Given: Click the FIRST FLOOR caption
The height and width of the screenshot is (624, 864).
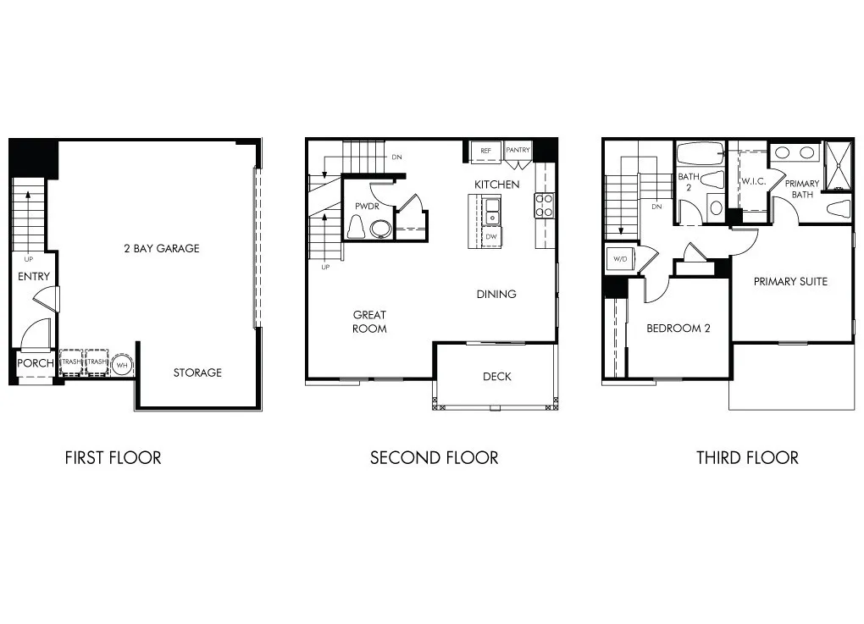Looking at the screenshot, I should [x=113, y=458].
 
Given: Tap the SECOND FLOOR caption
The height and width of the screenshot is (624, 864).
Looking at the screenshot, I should [x=434, y=458].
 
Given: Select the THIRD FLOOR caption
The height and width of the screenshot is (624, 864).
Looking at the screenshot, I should [x=747, y=458].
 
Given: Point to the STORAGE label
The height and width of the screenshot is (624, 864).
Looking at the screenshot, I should [x=197, y=373].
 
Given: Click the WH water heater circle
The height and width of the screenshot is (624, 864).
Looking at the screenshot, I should [x=123, y=363].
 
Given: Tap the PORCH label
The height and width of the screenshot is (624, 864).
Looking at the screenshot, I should [x=36, y=363].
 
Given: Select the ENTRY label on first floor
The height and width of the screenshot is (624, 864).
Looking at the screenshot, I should [x=34, y=276].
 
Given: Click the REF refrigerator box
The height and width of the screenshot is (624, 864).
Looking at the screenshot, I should [x=486, y=151].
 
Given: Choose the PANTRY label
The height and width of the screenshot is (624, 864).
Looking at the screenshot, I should [x=518, y=151].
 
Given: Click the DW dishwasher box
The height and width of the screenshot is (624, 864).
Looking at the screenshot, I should [x=491, y=237].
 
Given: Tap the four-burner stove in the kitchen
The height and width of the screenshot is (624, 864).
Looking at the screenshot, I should [x=544, y=205].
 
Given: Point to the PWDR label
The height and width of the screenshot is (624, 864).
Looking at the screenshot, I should [x=366, y=205].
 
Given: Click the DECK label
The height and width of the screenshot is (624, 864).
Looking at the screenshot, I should [x=496, y=376].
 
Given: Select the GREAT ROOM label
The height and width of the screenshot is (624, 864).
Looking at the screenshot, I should [x=369, y=321].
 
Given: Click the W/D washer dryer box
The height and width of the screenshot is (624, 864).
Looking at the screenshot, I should [x=619, y=258].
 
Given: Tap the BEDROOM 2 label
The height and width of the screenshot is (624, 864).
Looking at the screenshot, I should [x=678, y=329].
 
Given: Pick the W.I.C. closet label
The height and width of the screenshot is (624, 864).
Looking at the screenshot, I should [x=754, y=181].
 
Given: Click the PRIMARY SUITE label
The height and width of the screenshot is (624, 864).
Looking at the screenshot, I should [x=790, y=281].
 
